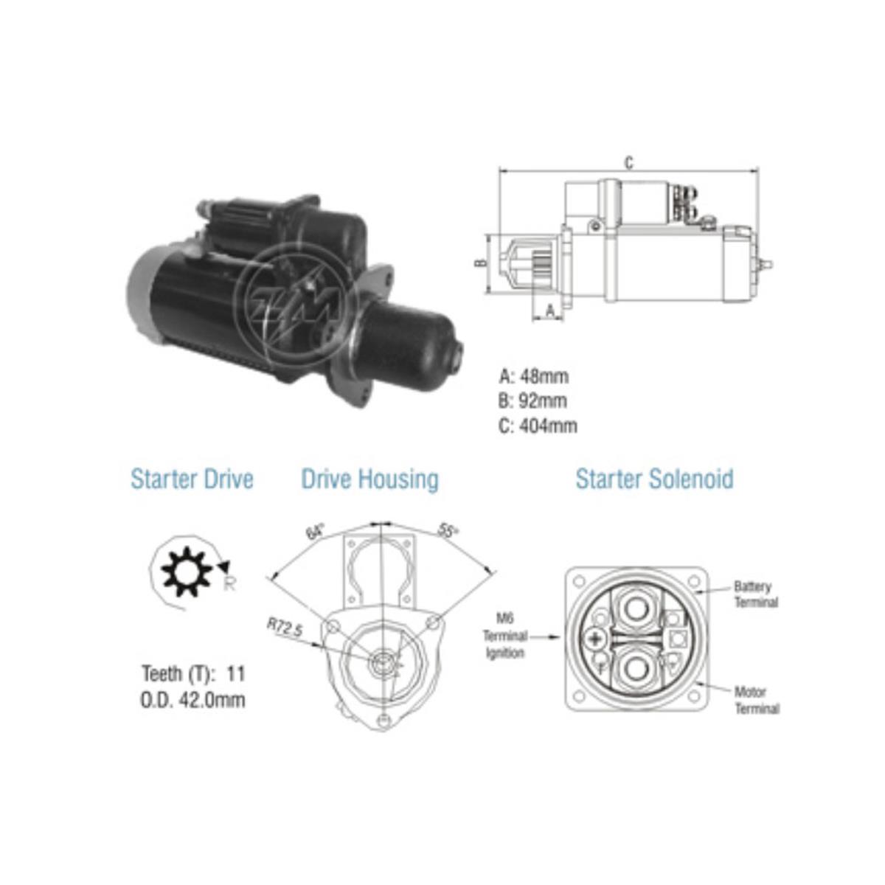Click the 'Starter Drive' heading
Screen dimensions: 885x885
pyautogui.click(x=192, y=479)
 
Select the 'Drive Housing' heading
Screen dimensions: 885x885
pyautogui.click(x=369, y=479)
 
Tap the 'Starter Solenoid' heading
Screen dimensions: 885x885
pyautogui.click(x=654, y=479)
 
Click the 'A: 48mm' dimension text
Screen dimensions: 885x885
pyautogui.click(x=534, y=376)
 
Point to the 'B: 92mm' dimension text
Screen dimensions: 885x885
pyautogui.click(x=534, y=401)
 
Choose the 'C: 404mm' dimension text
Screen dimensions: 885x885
pyautogui.click(x=538, y=426)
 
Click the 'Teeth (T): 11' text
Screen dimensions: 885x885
pyautogui.click(x=193, y=673)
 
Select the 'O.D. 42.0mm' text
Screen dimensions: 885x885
pyautogui.click(x=192, y=698)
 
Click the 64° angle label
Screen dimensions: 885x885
pyautogui.click(x=316, y=532)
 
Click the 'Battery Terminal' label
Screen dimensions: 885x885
pyautogui.click(x=755, y=594)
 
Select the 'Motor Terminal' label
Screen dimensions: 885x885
pyautogui.click(x=756, y=700)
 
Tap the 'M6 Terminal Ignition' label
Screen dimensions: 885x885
pyautogui.click(x=505, y=635)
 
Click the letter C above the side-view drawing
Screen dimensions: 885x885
pyautogui.click(x=628, y=163)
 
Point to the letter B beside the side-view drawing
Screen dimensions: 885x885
pyautogui.click(x=478, y=263)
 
